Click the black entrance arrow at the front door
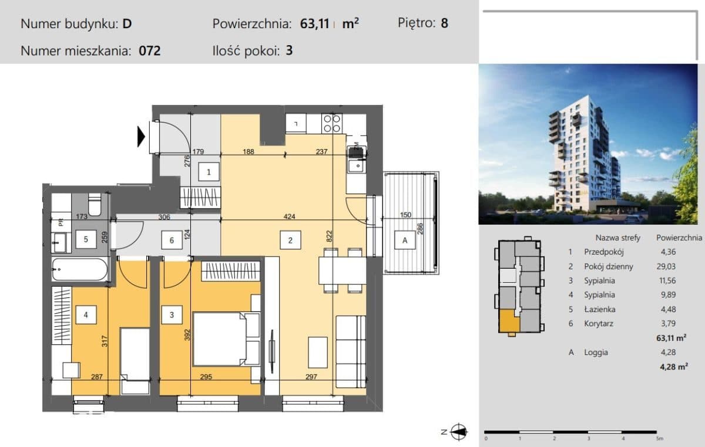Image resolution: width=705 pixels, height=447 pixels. click(141, 137)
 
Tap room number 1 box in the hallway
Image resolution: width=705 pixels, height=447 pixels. click(209, 172)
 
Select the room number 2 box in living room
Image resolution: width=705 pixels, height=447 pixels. click(290, 240)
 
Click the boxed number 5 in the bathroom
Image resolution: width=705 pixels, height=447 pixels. click(86, 239)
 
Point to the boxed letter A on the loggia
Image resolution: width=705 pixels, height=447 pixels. click(405, 240)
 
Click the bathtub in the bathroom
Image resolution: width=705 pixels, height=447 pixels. click(80, 269)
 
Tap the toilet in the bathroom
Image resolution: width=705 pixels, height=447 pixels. click(95, 204)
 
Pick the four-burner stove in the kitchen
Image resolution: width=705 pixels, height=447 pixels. click(332, 124)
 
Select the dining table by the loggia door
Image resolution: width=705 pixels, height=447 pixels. click(343, 270)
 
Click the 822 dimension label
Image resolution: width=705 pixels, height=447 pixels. click(329, 236)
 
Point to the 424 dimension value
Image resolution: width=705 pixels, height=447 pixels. click(289, 216)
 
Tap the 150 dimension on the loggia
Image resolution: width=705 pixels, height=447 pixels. click(405, 215)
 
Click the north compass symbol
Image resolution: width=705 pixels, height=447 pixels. click(458, 432)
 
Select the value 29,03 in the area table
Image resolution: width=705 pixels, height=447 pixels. click(666, 266)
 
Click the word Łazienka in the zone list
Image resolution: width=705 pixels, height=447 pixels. click(600, 309)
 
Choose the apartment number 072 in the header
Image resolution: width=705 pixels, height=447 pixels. click(149, 50)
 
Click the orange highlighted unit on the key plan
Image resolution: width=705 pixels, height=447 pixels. click(509, 321)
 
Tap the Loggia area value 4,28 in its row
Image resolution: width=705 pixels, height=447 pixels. click(668, 352)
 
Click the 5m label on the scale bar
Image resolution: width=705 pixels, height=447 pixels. click(659, 438)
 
